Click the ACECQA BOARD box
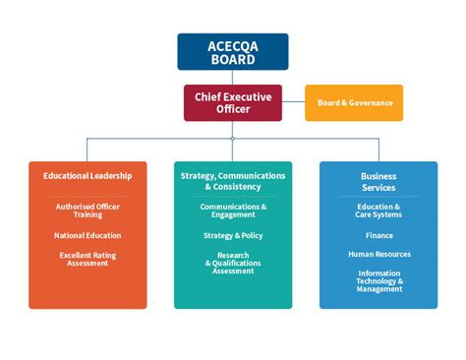click(233, 51)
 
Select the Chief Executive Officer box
click(233, 102)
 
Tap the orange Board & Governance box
click(354, 102)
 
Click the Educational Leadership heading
click(87, 176)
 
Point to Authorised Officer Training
click(87, 210)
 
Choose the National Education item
click(87, 235)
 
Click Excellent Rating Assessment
click(87, 260)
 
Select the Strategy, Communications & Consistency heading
click(233, 181)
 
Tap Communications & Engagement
click(233, 210)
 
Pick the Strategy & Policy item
click(233, 235)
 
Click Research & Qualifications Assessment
click(233, 263)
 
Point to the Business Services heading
click(379, 181)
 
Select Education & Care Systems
click(379, 210)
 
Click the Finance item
click(379, 235)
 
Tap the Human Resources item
click(379, 254)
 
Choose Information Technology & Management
click(379, 280)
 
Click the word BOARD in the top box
click(233, 59)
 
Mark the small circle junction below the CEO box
click(233, 139)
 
